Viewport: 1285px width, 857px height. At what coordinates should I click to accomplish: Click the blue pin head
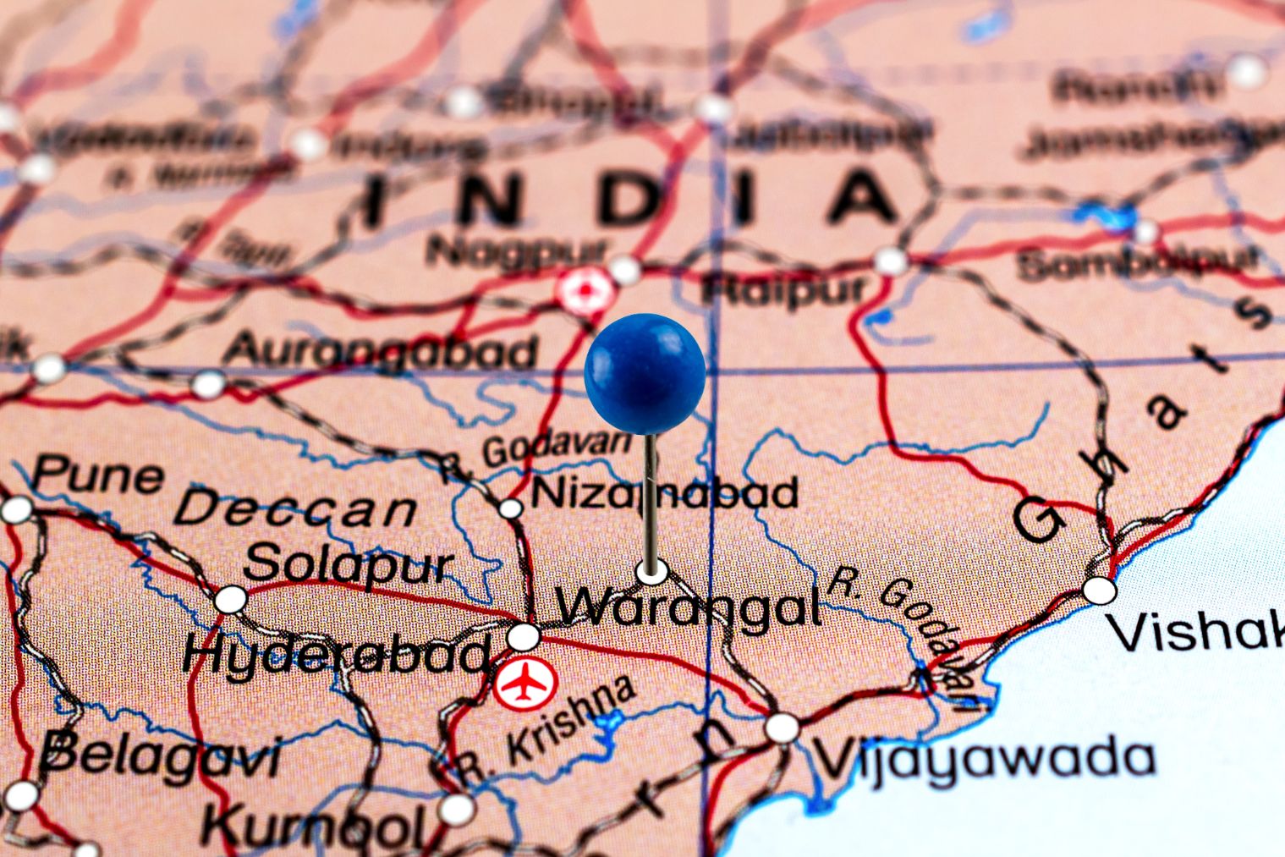[645, 373]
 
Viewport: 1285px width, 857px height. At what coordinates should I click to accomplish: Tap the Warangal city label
[689, 606]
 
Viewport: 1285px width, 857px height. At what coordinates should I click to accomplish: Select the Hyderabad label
[336, 653]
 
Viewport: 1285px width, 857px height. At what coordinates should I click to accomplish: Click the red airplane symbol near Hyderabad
[525, 684]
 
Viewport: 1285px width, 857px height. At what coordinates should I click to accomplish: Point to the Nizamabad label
[665, 492]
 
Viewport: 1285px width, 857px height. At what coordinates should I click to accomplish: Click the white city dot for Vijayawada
[782, 727]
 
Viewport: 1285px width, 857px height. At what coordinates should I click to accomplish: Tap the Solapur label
[349, 563]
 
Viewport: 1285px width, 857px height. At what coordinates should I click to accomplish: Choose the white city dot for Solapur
[230, 600]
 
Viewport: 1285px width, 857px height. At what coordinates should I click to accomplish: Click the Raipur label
[784, 288]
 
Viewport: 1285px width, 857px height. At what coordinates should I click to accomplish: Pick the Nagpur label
[515, 250]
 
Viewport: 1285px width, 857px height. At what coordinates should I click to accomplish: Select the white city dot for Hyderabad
[524, 636]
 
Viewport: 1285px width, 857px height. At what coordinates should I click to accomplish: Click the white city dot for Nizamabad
[510, 508]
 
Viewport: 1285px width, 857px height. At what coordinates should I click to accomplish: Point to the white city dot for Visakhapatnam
[1099, 590]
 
